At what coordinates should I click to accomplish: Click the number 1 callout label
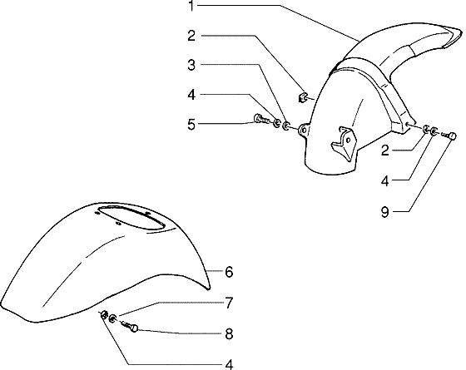coord(191,6)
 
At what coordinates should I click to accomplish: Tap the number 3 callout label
coord(191,65)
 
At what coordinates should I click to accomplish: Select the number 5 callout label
coord(191,125)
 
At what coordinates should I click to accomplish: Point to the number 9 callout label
coord(384,212)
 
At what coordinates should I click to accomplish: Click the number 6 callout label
coord(229,272)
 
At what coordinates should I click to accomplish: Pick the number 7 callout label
coord(228,303)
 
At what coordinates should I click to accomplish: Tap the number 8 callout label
coord(229,334)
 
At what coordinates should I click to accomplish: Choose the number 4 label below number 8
coord(229,365)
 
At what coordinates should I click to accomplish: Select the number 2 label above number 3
coord(191,36)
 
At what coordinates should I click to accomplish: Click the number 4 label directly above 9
coord(384,181)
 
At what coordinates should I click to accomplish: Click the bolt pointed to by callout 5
coord(261,119)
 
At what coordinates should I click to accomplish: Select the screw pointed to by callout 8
coord(130,326)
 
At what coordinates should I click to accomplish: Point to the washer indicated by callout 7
coord(113,318)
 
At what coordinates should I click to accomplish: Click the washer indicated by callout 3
coord(286,126)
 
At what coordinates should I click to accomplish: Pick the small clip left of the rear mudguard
coord(302,97)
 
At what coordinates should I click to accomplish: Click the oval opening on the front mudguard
coord(131,217)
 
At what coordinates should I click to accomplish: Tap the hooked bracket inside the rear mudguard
coord(344,142)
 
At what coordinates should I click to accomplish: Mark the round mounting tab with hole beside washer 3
coord(304,130)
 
